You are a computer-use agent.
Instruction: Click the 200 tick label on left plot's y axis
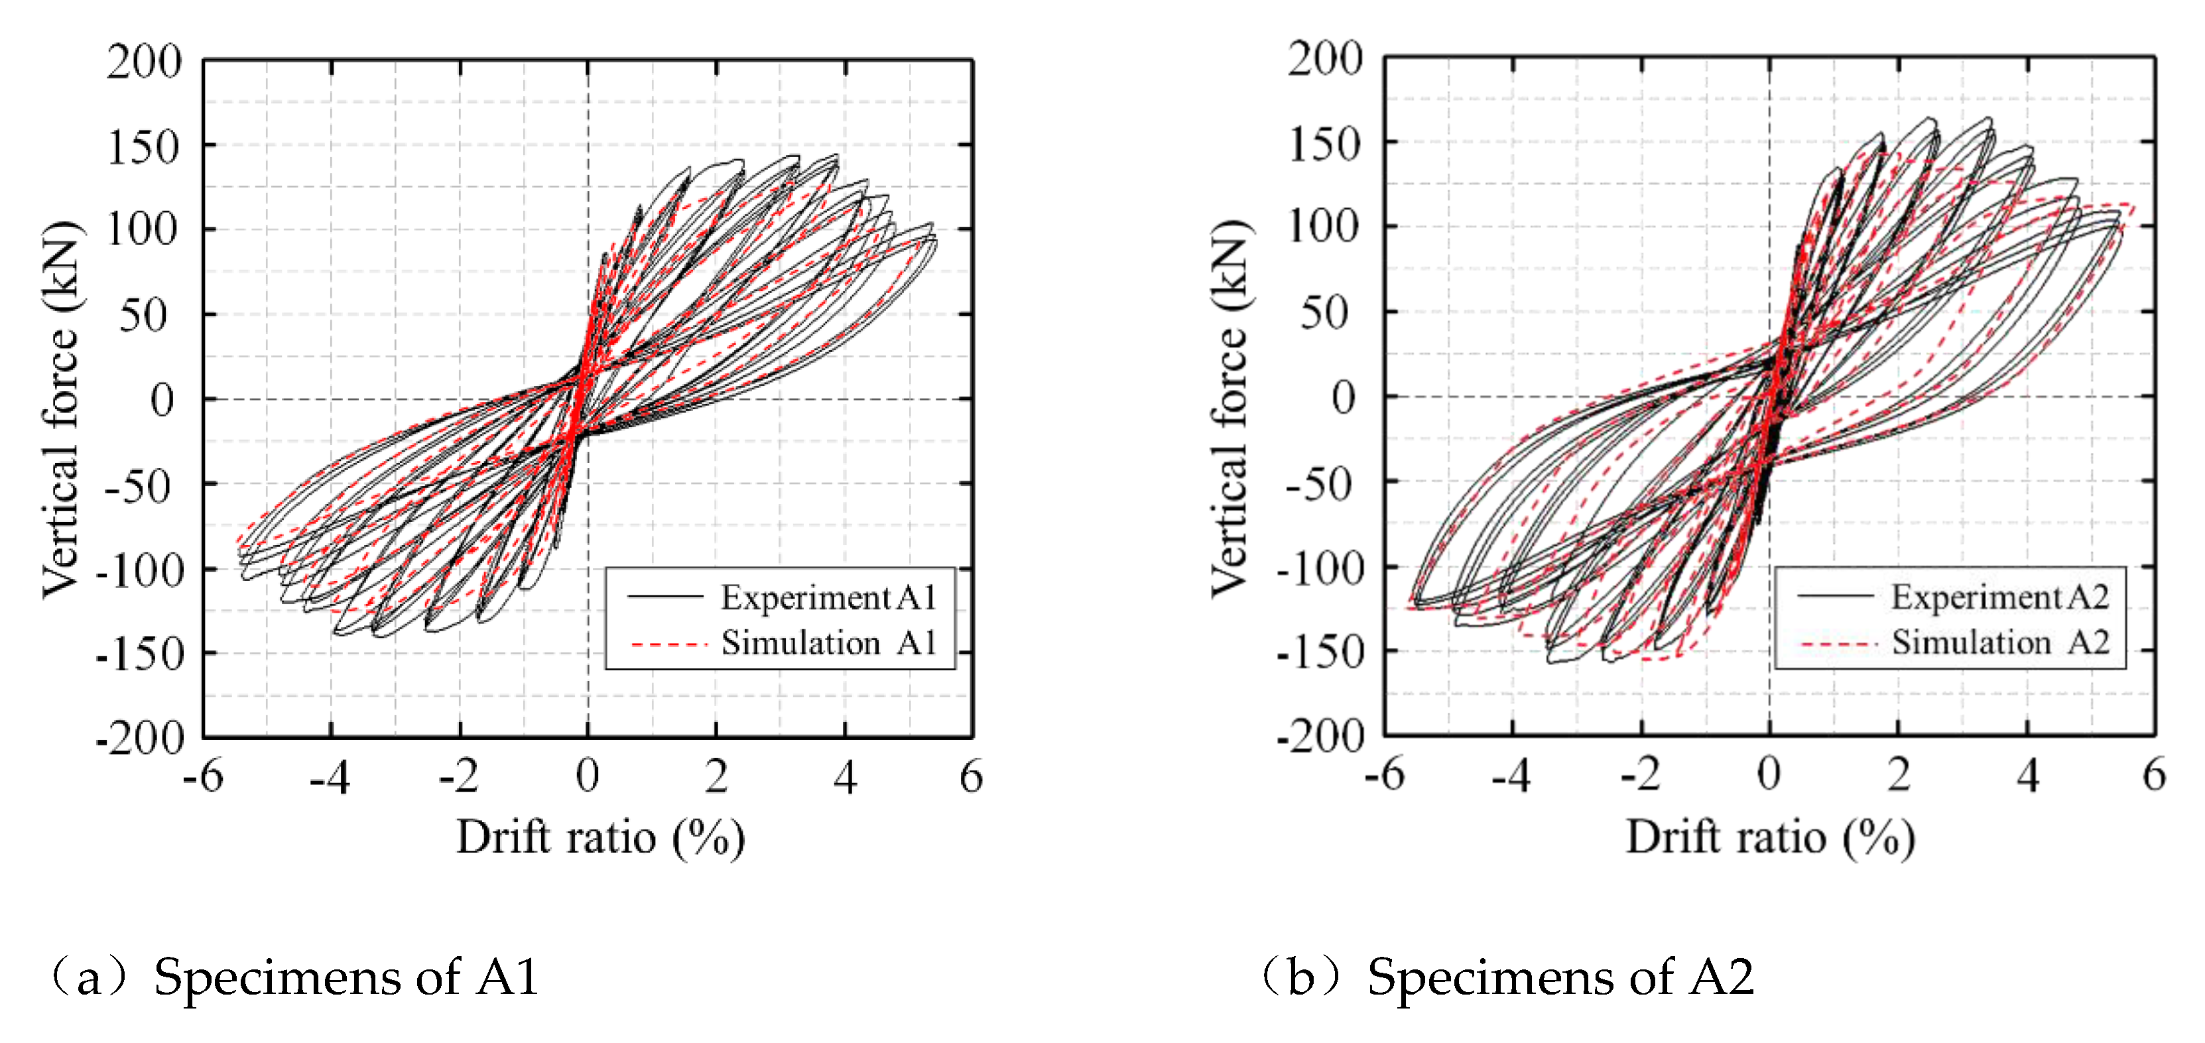144,62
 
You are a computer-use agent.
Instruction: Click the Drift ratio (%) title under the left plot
600,837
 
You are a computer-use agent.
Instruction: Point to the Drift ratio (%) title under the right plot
1770,837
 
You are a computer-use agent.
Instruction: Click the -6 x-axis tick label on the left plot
203,777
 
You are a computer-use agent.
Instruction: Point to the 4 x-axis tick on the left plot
845,777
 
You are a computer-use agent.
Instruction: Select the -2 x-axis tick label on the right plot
1640,774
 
